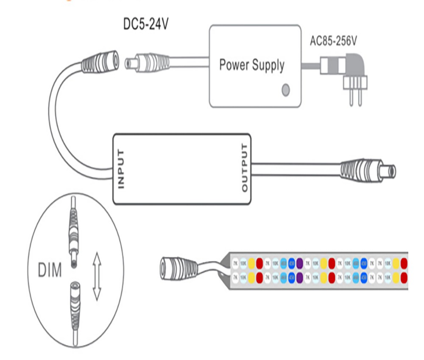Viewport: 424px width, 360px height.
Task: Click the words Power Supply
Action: (252, 65)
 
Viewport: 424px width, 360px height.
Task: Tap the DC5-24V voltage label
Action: (145, 25)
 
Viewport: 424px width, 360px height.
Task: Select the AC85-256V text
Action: (334, 41)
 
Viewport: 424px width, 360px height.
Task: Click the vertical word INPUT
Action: (121, 168)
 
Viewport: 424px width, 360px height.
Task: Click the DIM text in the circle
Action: (50, 270)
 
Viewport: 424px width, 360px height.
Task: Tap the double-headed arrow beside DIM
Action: (97, 276)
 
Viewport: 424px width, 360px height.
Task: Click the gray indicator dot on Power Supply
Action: (286, 89)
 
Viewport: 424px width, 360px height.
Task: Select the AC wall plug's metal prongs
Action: (355, 95)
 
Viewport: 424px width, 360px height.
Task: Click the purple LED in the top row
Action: (299, 263)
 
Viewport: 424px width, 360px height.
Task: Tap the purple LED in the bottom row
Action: (299, 278)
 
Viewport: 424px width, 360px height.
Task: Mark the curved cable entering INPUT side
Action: (64, 127)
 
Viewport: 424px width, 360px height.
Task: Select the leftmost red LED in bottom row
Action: (259, 278)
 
